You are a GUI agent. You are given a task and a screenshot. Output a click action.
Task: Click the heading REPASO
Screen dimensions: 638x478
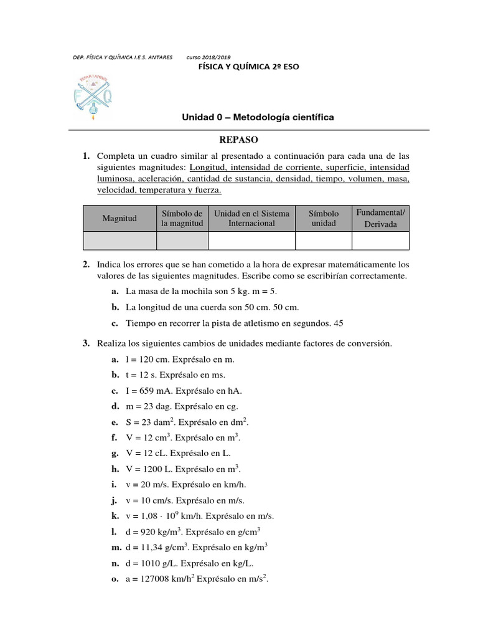click(x=238, y=140)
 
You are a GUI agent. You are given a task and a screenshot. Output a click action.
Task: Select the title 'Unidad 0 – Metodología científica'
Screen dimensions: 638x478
click(x=257, y=117)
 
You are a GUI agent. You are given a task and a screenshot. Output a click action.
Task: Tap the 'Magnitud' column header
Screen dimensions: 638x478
click(x=119, y=218)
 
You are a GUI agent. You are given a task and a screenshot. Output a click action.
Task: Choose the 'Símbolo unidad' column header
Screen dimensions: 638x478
click(x=324, y=218)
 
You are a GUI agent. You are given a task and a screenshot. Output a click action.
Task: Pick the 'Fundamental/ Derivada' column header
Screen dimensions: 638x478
click(x=380, y=218)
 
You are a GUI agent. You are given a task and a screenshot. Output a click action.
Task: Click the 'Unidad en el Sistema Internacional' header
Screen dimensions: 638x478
click(x=251, y=218)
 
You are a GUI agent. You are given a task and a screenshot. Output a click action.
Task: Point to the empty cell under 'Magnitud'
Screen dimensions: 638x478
click(x=119, y=240)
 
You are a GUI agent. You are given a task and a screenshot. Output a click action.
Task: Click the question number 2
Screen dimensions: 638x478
click(x=86, y=264)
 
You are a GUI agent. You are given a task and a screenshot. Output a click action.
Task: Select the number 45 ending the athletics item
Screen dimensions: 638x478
click(x=339, y=323)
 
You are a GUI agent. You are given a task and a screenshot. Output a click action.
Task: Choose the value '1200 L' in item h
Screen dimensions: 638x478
click(x=152, y=469)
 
